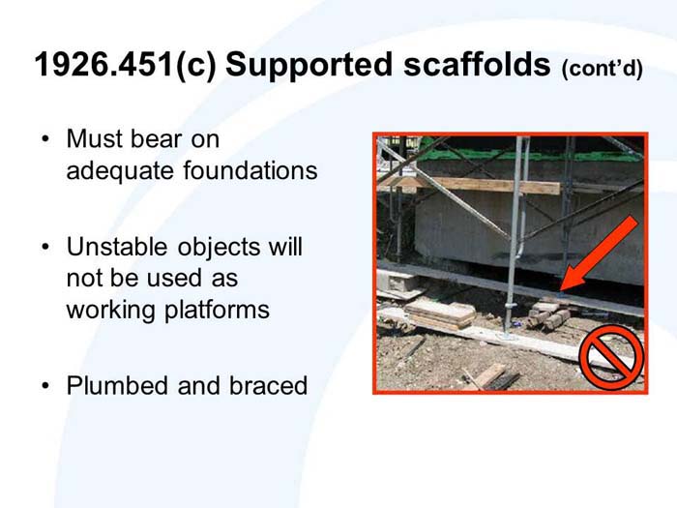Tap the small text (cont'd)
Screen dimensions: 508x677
[602, 70]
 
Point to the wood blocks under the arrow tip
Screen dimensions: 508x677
[549, 314]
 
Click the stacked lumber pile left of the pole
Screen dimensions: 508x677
[439, 313]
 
